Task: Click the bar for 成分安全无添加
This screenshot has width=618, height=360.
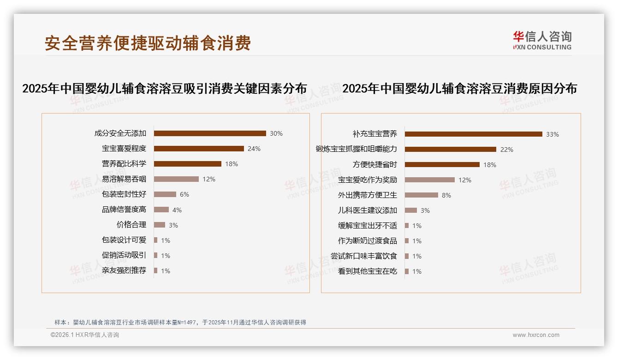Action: tap(210, 133)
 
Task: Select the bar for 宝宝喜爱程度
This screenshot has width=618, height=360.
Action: tap(199, 149)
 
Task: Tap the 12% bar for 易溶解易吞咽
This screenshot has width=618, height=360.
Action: tap(176, 179)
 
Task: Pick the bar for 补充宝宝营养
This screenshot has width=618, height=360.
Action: tap(473, 134)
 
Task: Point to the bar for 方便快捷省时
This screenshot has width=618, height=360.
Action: tap(442, 165)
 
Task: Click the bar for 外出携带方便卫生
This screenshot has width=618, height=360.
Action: tap(421, 195)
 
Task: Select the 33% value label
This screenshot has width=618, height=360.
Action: tap(552, 134)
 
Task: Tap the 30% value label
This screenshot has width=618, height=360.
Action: tap(276, 133)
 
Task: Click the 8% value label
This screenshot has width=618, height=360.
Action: tap(446, 195)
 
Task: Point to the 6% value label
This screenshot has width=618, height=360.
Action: tap(184, 194)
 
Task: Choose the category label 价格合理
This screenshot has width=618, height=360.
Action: tap(131, 225)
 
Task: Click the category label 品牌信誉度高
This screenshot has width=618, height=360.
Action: tap(124, 210)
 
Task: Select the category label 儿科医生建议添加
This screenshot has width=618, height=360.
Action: tap(367, 210)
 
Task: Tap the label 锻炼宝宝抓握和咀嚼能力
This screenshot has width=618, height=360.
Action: tap(356, 149)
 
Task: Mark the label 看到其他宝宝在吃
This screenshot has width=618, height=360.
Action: tap(367, 271)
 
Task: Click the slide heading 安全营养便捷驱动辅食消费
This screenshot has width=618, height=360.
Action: tap(148, 43)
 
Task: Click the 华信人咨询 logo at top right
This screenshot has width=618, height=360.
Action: tap(542, 40)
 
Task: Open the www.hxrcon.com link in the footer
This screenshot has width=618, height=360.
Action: tap(536, 335)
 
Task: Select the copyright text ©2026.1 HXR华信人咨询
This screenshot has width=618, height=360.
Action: tap(85, 335)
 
